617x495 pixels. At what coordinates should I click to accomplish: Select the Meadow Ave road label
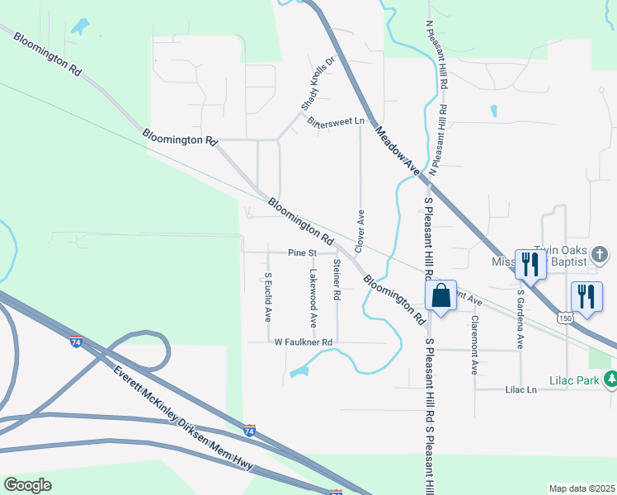pyautogui.click(x=398, y=149)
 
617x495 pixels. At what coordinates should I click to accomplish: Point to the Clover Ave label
pyautogui.click(x=360, y=231)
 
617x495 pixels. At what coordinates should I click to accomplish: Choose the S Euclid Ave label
pyautogui.click(x=268, y=297)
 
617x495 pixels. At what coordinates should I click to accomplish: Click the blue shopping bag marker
pyautogui.click(x=441, y=295)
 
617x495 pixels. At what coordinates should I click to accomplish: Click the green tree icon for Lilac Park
pyautogui.click(x=610, y=379)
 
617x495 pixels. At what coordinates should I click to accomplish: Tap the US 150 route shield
pyautogui.click(x=564, y=317)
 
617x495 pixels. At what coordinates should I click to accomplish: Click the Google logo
pyautogui.click(x=27, y=484)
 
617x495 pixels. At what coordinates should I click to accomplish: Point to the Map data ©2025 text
pyautogui.click(x=582, y=488)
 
